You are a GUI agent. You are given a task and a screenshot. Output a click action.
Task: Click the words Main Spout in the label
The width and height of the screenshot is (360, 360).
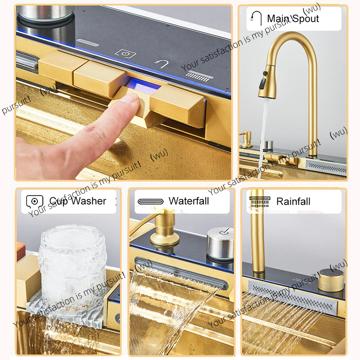tap(293, 18)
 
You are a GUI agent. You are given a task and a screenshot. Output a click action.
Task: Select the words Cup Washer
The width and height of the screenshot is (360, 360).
tap(78, 201)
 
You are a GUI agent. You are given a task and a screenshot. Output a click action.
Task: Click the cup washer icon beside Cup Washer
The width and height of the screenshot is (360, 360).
tap(35, 201)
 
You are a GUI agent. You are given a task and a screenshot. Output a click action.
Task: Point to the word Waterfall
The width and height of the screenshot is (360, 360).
tap(189, 201)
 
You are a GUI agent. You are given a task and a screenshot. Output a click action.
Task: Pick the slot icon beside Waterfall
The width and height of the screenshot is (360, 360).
tap(150, 202)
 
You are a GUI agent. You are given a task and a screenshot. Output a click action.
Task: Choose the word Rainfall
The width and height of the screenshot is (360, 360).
tap(293, 201)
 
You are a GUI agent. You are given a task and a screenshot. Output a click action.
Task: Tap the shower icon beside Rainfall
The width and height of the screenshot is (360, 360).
tap(260, 202)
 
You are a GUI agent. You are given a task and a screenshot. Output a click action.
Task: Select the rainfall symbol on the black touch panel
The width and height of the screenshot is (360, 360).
tap(198, 76)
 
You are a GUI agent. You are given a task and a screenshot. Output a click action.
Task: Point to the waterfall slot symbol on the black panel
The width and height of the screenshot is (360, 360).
tap(87, 42)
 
